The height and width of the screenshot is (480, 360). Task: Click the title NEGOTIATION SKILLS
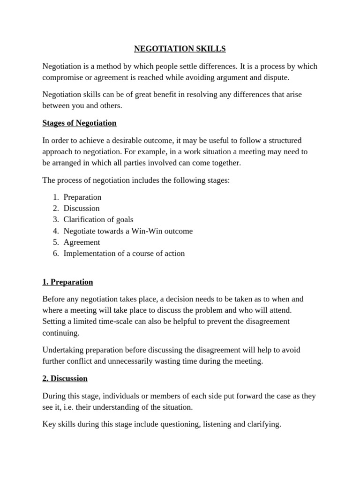coord(180,49)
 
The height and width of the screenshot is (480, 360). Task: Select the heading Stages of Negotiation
coord(79,123)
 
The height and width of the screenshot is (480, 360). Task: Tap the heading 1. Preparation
coord(67,282)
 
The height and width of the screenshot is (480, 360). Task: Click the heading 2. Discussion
coord(65,378)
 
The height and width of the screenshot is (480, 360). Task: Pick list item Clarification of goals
coord(98,219)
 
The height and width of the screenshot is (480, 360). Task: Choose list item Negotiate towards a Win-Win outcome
coord(128,231)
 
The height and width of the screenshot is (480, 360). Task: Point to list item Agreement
coord(82,242)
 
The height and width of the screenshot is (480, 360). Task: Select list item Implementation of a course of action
coord(124,253)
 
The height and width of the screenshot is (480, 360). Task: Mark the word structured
coord(283,141)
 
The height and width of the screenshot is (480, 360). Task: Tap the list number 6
coord(55,253)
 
